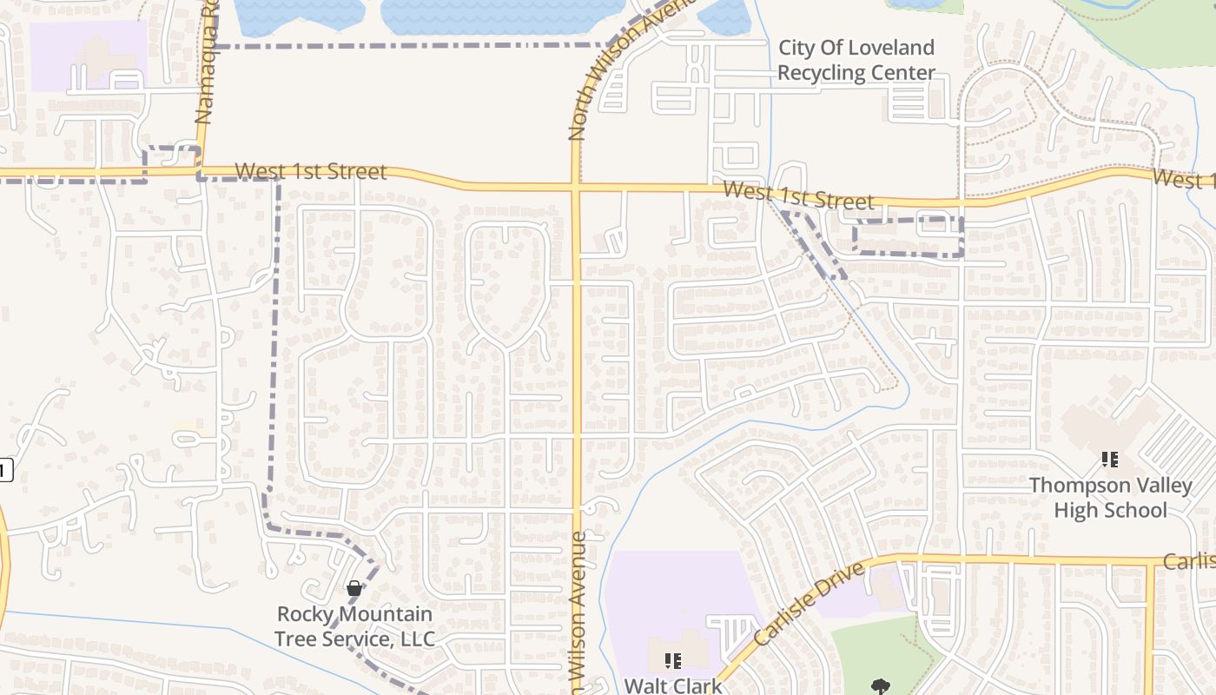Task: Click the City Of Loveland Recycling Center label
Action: (856, 60)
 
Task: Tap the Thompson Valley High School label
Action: (1110, 497)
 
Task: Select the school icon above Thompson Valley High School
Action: (1109, 459)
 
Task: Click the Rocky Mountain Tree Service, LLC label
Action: (354, 626)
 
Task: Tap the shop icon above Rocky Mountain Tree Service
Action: (354, 588)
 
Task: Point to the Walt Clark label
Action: (672, 685)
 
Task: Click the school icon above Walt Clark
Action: (672, 661)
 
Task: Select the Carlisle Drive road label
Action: (809, 603)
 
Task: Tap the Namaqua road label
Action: (204, 74)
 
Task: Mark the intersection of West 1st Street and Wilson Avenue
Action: (576, 186)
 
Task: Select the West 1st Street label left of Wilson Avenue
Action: (310, 171)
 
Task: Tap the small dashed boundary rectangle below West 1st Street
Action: (909, 236)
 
